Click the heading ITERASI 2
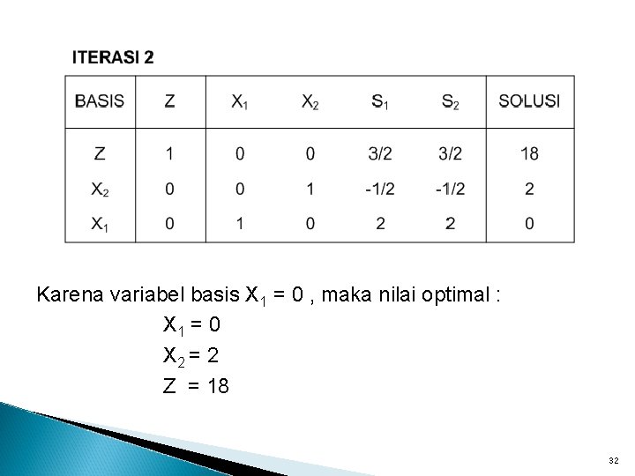(113, 58)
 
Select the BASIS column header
(100, 101)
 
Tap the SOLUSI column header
(529, 101)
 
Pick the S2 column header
(451, 102)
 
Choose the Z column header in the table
(169, 101)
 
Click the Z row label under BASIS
(100, 154)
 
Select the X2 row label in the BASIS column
(100, 189)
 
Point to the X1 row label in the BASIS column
(100, 224)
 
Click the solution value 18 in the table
(529, 154)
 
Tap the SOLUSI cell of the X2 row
(529, 189)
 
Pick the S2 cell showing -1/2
(451, 189)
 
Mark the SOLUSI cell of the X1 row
(529, 224)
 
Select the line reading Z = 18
(196, 385)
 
